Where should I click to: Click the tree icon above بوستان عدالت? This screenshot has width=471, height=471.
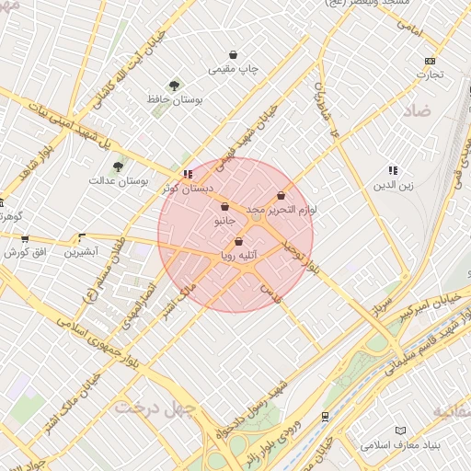[118, 167]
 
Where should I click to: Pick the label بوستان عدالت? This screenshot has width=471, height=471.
[119, 180]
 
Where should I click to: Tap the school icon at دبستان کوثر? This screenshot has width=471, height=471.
[188, 173]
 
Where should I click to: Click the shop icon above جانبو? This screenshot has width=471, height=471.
[225, 208]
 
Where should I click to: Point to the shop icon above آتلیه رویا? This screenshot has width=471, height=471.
[239, 242]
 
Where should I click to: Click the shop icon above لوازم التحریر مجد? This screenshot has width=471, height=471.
[281, 196]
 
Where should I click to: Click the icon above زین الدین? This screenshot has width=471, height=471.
[394, 170]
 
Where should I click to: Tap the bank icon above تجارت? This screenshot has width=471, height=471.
[430, 62]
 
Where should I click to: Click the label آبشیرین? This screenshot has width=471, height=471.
[83, 250]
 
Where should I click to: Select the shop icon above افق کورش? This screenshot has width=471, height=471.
[25, 239]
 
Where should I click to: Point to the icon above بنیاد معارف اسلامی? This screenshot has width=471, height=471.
[399, 431]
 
